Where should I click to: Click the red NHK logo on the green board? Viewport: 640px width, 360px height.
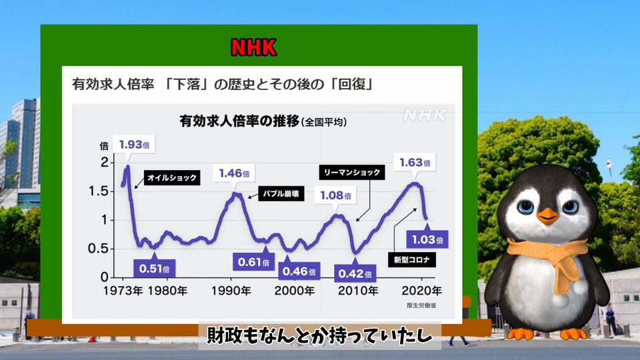point(253,47)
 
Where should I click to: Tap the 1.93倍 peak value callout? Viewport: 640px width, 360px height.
point(134,145)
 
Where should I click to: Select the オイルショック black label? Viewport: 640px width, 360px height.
point(172,177)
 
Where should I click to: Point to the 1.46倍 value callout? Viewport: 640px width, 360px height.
point(234,173)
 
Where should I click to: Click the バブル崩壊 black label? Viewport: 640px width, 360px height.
point(281,193)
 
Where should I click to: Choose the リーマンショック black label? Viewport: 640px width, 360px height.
point(352,172)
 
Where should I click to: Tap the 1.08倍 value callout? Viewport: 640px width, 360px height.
point(335,195)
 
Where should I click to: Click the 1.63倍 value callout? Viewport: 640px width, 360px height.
point(415,163)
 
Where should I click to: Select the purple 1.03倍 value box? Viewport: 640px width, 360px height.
point(427,239)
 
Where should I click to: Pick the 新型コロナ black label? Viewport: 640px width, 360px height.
point(411,259)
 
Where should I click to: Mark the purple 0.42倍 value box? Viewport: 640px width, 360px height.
point(355,273)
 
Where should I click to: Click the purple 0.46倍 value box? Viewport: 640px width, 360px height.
point(299,271)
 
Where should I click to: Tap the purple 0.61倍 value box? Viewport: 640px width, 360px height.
point(253,261)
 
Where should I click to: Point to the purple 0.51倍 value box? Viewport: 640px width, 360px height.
point(154,268)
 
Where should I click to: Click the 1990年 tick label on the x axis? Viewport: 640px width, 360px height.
point(231,291)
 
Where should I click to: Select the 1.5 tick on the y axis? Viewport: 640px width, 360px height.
point(99,191)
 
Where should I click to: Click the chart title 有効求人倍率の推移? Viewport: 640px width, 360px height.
point(239,121)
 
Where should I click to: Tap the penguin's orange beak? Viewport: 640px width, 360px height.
point(547,216)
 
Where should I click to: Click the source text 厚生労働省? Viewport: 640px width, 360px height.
point(421,305)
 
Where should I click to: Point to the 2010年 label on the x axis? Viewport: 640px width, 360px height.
point(358,291)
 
